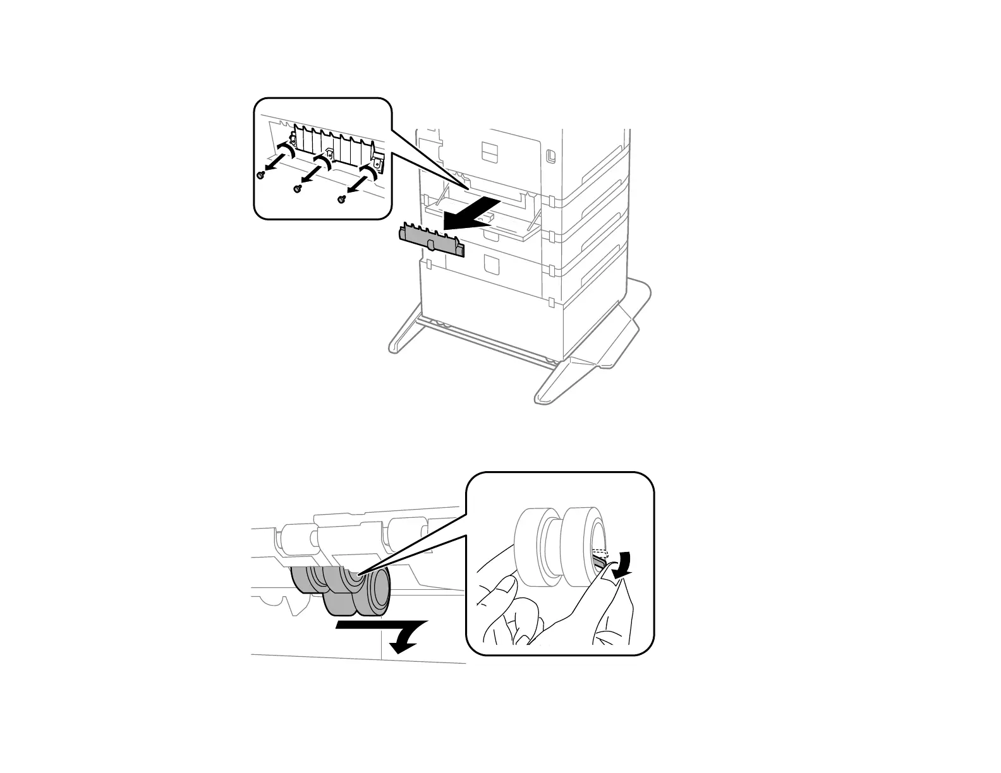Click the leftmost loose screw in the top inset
pyautogui.click(x=260, y=176)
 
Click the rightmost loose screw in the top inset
pyautogui.click(x=341, y=200)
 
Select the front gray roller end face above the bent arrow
pyautogui.click(x=379, y=590)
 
